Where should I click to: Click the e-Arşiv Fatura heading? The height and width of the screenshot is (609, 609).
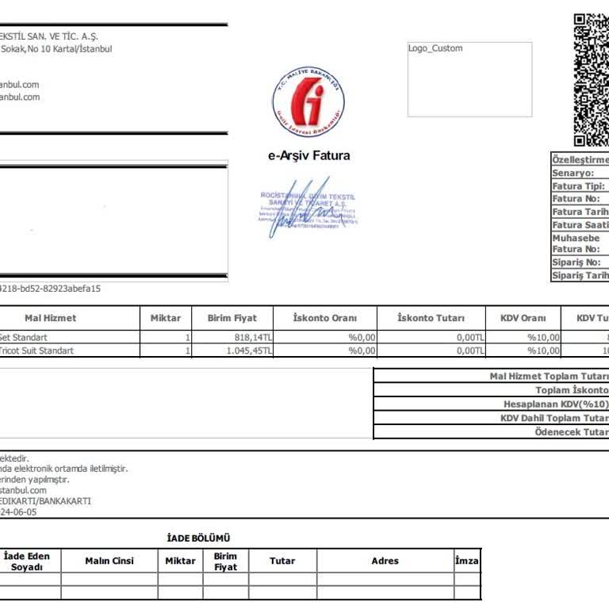coord(308,155)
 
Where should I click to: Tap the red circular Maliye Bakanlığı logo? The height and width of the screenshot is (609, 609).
coord(308,101)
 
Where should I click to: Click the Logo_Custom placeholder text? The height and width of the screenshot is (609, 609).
coord(435,48)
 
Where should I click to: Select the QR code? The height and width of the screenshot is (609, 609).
coord(591,79)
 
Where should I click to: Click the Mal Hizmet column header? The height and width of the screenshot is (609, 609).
coord(51,318)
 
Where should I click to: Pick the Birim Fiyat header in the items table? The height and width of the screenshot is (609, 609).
coord(232,318)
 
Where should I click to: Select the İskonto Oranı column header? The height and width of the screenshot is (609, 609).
coord(325,318)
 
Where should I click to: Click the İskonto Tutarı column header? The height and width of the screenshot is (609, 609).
coord(431,318)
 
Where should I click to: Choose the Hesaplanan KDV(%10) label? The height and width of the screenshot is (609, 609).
coord(556,404)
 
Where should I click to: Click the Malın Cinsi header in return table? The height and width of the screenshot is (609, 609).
coord(109,561)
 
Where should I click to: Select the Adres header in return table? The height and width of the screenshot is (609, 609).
coord(385,561)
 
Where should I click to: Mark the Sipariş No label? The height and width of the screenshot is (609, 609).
coord(576,262)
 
